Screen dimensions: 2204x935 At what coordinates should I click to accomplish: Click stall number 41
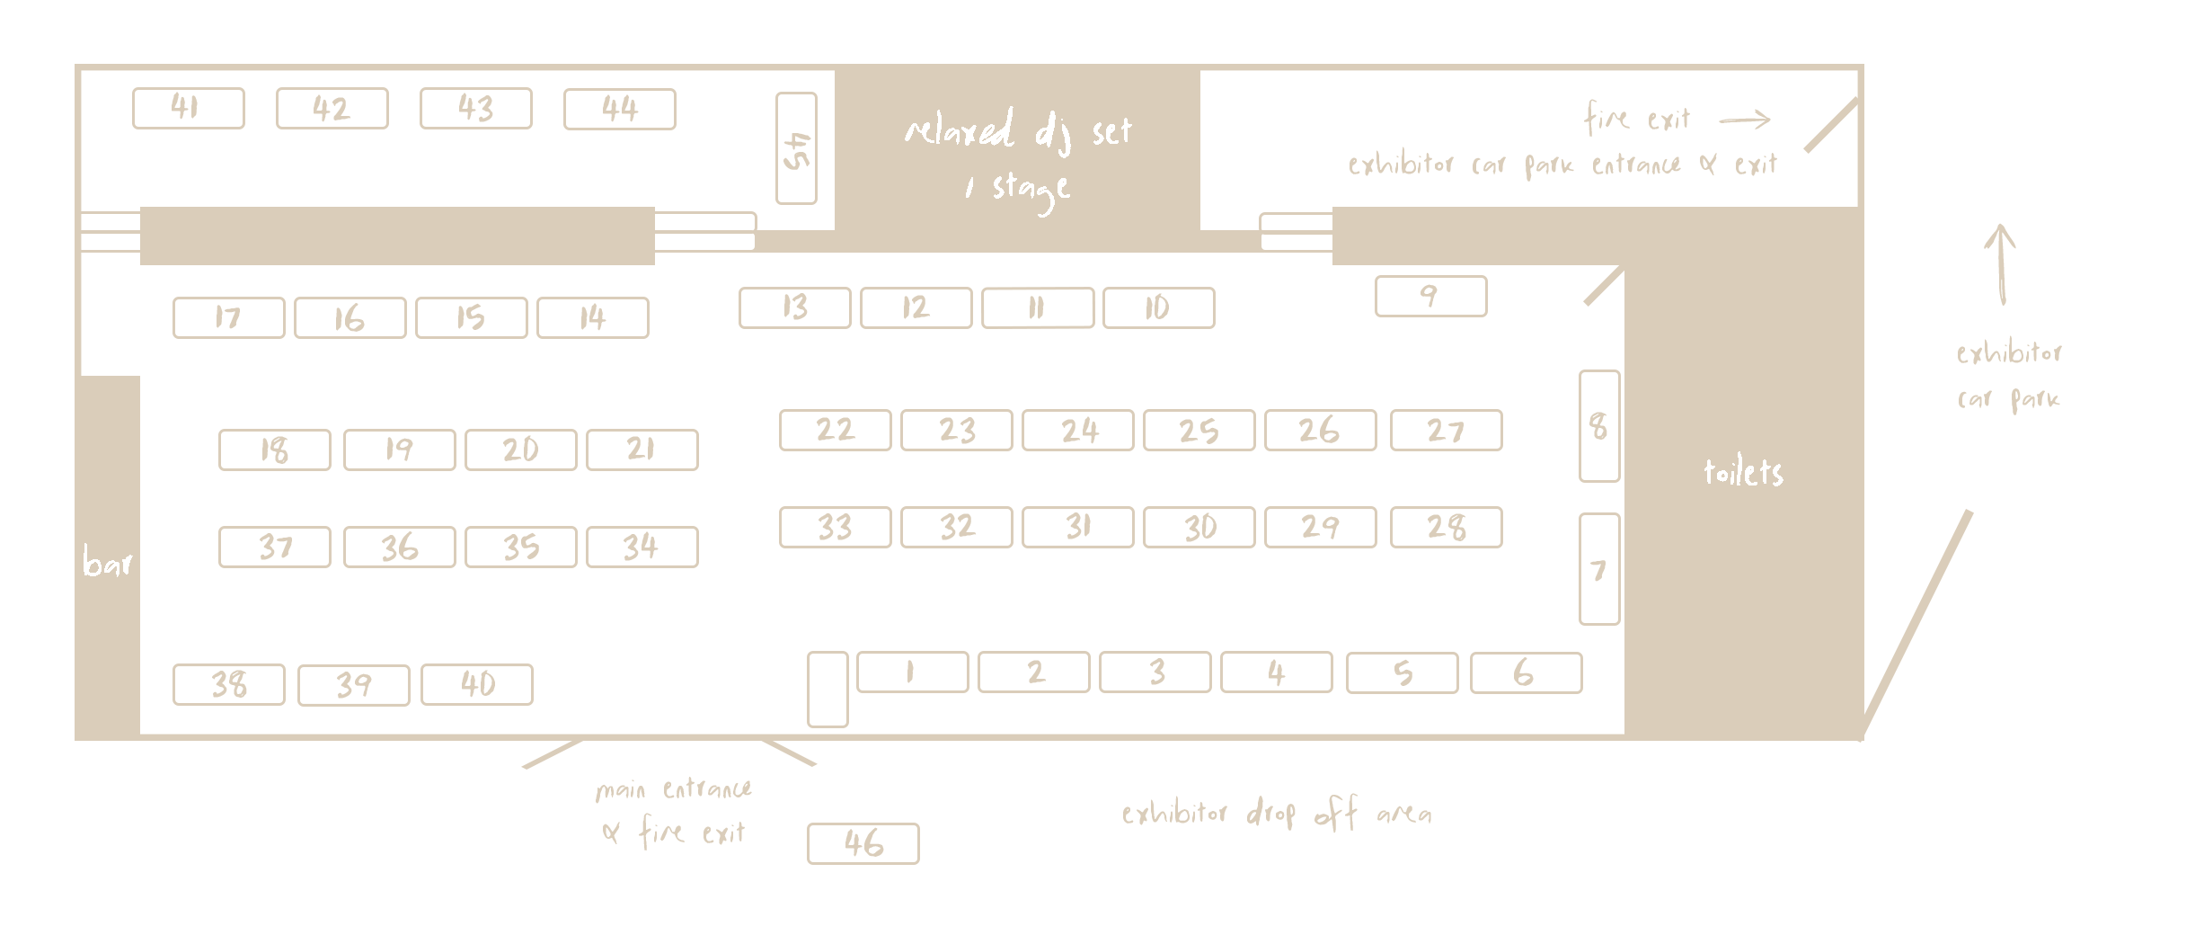(188, 109)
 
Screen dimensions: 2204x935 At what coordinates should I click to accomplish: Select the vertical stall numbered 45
(796, 148)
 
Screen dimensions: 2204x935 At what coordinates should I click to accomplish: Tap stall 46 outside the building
(863, 843)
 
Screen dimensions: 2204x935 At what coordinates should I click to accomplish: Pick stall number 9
(1430, 296)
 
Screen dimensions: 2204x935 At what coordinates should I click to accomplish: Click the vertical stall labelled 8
(1599, 426)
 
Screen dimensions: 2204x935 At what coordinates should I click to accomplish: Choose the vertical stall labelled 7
(1599, 569)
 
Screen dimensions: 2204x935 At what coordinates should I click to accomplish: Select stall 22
(835, 430)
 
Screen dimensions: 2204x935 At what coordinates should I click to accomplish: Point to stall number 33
(835, 527)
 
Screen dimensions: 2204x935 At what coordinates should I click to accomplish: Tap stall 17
(228, 317)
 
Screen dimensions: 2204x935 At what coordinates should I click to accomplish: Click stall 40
(476, 684)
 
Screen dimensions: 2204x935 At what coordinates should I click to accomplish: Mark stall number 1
(912, 672)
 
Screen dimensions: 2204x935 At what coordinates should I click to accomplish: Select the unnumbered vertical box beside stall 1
(828, 690)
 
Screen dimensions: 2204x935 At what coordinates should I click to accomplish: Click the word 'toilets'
(1743, 472)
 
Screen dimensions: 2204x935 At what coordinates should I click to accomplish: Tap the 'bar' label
(107, 563)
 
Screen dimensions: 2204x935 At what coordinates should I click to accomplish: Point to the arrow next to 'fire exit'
(1744, 120)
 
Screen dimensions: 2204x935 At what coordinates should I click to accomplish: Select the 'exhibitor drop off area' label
(1276, 815)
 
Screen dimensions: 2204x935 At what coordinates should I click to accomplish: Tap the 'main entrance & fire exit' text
(674, 812)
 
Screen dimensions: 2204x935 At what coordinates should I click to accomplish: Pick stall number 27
(1446, 430)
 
